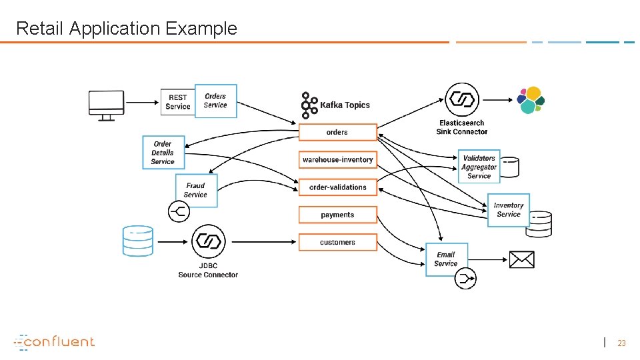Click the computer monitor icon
coord(106,105)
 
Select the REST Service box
coord(177,102)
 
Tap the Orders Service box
coord(215,101)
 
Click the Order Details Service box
coord(163,153)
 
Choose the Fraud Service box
coord(196,190)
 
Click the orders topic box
coord(337,132)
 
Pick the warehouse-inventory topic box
coord(337,160)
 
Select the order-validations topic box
coord(337,187)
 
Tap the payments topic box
coord(337,215)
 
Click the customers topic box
coord(337,242)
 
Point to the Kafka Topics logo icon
coord(309,105)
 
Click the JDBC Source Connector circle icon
coord(208,241)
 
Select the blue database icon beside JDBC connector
coord(138,241)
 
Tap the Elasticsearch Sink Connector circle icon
coord(461,99)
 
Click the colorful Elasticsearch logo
coord(531,101)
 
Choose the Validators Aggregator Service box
coord(479,167)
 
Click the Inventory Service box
coord(508,210)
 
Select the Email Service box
coord(446,259)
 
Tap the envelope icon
coord(521,259)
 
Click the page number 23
coord(621,343)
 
